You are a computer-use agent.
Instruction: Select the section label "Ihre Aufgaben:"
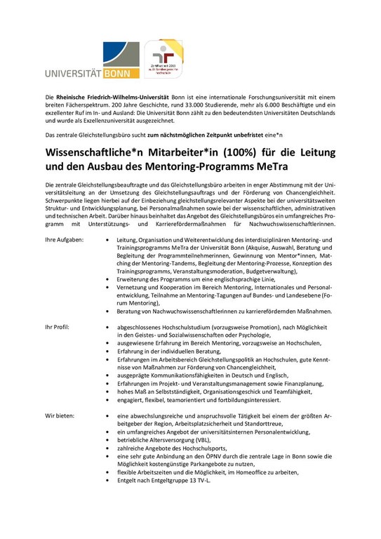coord(65,240)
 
